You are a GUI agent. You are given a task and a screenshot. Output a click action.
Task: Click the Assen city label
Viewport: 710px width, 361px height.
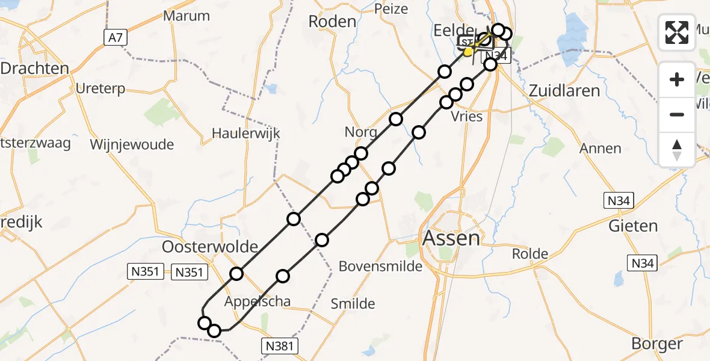click(x=451, y=238)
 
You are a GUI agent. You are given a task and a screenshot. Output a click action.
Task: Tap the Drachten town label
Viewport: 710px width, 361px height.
click(x=34, y=69)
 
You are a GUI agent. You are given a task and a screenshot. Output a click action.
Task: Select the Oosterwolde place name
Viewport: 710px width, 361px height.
click(x=210, y=247)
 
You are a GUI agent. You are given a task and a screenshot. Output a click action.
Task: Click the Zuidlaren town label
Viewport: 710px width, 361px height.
click(x=564, y=91)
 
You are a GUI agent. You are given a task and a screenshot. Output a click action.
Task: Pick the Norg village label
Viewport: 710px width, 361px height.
click(x=361, y=132)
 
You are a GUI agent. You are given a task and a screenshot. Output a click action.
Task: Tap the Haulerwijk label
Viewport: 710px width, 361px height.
click(x=246, y=134)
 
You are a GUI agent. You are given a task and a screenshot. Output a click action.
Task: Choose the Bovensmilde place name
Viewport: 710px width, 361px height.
click(x=381, y=266)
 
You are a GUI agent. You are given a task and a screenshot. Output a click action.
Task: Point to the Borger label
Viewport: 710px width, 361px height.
click(x=657, y=344)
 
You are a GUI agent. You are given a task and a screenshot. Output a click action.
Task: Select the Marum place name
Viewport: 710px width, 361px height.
click(x=187, y=16)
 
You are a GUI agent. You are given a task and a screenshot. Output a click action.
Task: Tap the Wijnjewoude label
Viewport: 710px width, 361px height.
click(x=132, y=144)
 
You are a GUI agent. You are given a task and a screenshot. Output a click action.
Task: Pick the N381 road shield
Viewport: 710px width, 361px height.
click(x=280, y=345)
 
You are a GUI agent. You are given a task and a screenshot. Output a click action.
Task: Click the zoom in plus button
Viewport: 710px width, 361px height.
click(x=677, y=79)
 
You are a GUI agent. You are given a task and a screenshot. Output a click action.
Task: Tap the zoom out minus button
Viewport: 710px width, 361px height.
click(x=677, y=114)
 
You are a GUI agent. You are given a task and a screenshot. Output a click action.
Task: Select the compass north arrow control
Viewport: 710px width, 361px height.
click(x=677, y=149)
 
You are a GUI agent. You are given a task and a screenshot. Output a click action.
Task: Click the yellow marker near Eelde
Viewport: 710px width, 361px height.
click(x=468, y=52)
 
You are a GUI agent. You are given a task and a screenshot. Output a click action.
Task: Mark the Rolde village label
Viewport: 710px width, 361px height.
click(x=530, y=254)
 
